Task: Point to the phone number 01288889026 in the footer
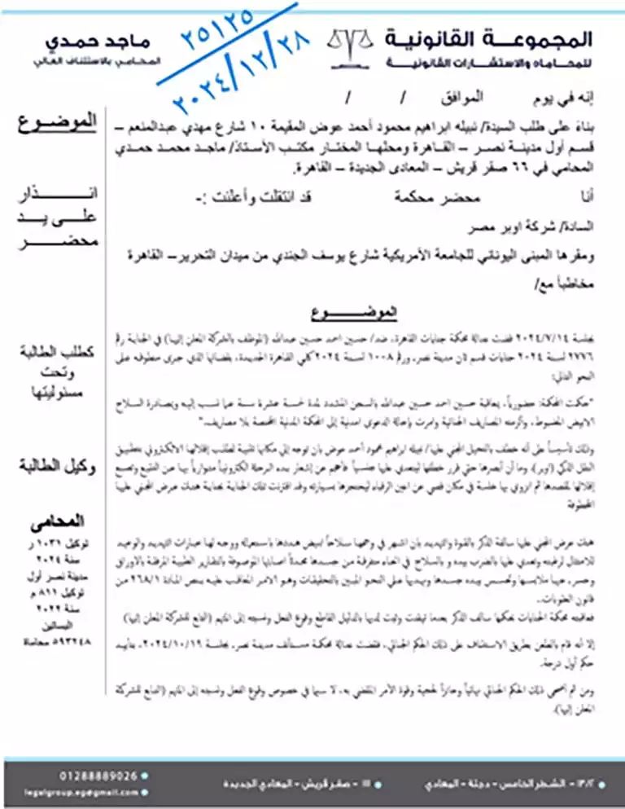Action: click(x=97, y=775)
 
